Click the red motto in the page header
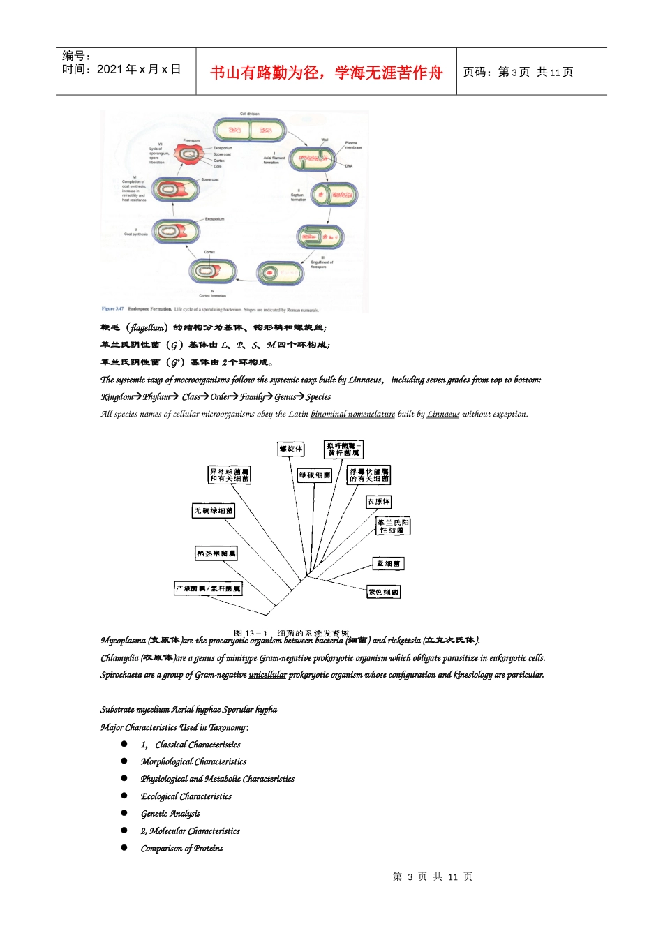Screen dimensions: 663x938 pos(326,73)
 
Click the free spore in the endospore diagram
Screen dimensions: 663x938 pos(188,154)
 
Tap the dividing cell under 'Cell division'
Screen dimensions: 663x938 pos(250,130)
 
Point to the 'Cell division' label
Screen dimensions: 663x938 pos(249,114)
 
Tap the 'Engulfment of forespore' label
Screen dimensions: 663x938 pos(322,264)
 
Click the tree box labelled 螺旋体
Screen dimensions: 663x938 pos(290,449)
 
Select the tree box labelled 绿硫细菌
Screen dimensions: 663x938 pos(315,475)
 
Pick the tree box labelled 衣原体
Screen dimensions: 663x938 pos(379,502)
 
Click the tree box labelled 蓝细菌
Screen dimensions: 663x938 pos(388,563)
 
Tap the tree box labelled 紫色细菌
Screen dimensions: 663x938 pos(383,592)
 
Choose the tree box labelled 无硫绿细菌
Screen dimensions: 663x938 pos(214,511)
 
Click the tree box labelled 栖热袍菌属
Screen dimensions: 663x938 pos(216,553)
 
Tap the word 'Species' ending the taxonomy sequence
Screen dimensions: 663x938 pos(318,397)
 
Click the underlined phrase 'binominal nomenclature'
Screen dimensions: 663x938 pos(352,415)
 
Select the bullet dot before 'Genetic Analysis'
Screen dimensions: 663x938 pos(124,813)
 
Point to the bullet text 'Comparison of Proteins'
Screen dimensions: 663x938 pos(181,849)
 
